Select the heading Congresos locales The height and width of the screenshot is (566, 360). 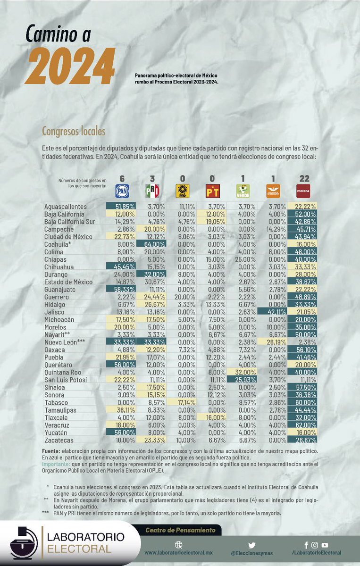click(74, 131)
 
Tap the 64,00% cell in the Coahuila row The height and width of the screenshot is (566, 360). click(151, 244)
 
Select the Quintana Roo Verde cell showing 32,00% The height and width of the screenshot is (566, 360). click(242, 371)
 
